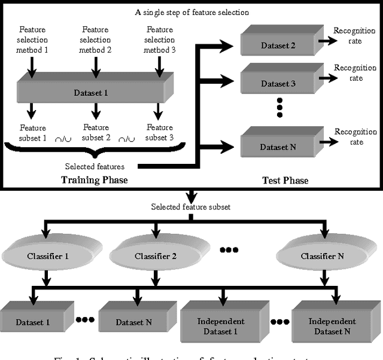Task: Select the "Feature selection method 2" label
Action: tap(96, 40)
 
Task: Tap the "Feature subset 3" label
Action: tap(159, 133)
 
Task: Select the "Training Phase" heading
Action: tap(95, 180)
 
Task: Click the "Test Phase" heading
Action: tap(285, 180)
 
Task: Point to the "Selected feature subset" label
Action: tap(190, 206)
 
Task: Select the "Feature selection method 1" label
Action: tap(33, 40)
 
